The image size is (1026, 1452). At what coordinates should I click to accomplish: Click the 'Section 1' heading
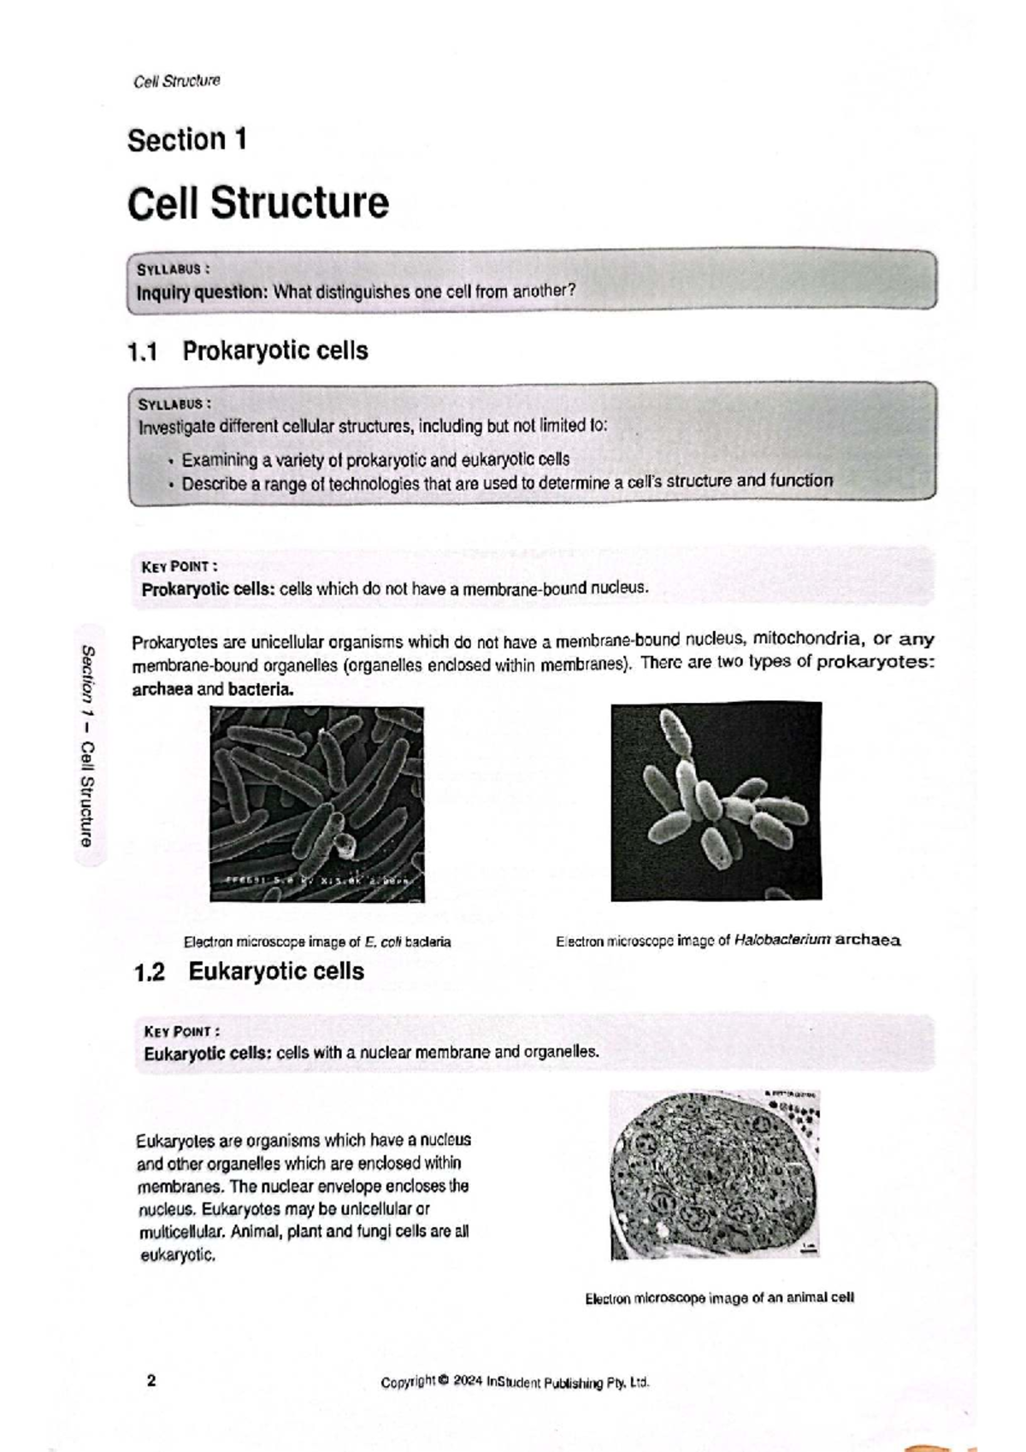click(187, 139)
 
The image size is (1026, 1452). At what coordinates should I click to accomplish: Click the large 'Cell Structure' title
click(258, 204)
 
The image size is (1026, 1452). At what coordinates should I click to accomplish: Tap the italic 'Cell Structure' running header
click(177, 81)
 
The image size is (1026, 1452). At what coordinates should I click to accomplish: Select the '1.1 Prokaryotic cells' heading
click(248, 351)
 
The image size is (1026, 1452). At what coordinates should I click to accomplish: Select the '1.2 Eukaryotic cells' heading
click(250, 971)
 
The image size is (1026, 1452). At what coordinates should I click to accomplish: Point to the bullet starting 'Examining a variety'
click(374, 459)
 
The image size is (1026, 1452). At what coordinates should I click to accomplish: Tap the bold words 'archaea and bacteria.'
click(212, 689)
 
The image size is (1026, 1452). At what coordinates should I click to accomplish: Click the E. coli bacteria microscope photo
click(317, 804)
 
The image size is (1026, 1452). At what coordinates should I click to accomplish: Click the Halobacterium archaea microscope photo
click(716, 801)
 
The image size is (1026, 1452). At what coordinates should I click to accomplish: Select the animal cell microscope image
click(715, 1174)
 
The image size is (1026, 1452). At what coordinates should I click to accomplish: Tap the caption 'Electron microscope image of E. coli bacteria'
click(317, 942)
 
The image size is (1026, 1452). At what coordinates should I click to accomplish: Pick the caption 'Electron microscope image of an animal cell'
click(720, 1298)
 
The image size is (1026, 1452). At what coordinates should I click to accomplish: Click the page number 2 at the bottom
click(151, 1381)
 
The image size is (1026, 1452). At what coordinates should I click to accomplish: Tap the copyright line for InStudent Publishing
click(515, 1383)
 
